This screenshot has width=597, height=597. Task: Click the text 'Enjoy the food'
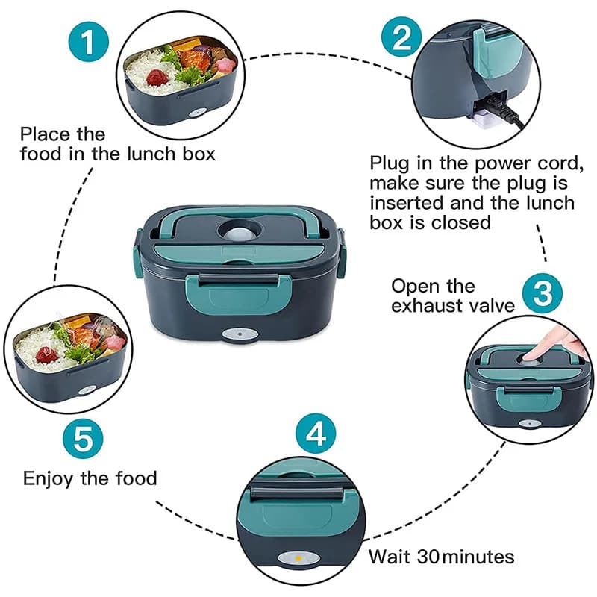[x=90, y=478]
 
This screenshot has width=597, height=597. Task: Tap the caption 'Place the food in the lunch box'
[x=117, y=145]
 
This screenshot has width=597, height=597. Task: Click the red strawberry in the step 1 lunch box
[x=157, y=77]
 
